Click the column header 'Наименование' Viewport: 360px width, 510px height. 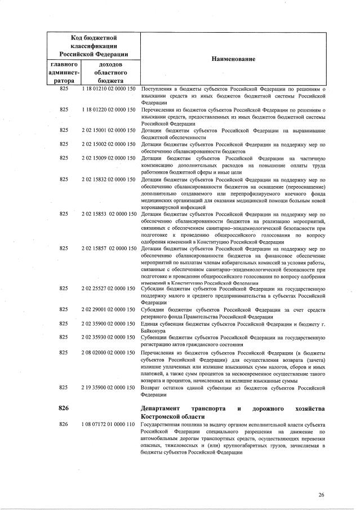pos(233,59)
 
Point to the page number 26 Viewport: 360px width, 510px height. pos(321,495)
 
